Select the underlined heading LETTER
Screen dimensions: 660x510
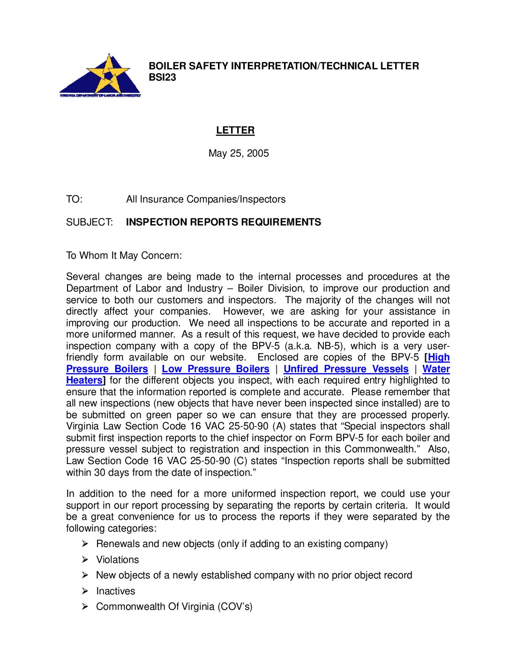(235, 130)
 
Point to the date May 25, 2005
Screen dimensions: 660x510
(239, 153)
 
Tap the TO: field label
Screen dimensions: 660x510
(74, 199)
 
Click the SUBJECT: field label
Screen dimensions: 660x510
(90, 222)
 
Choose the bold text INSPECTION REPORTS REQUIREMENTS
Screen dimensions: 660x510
(224, 222)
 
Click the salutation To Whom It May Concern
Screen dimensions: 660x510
(124, 255)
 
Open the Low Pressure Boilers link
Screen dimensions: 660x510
(216, 369)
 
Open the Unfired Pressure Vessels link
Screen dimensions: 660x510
(346, 369)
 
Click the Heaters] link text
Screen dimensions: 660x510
(85, 380)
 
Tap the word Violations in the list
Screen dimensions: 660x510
(118, 560)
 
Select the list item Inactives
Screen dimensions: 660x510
(116, 591)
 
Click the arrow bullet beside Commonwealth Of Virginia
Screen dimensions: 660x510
(85, 607)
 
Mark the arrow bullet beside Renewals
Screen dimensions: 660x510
(85, 544)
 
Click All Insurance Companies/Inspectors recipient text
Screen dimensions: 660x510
(206, 199)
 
